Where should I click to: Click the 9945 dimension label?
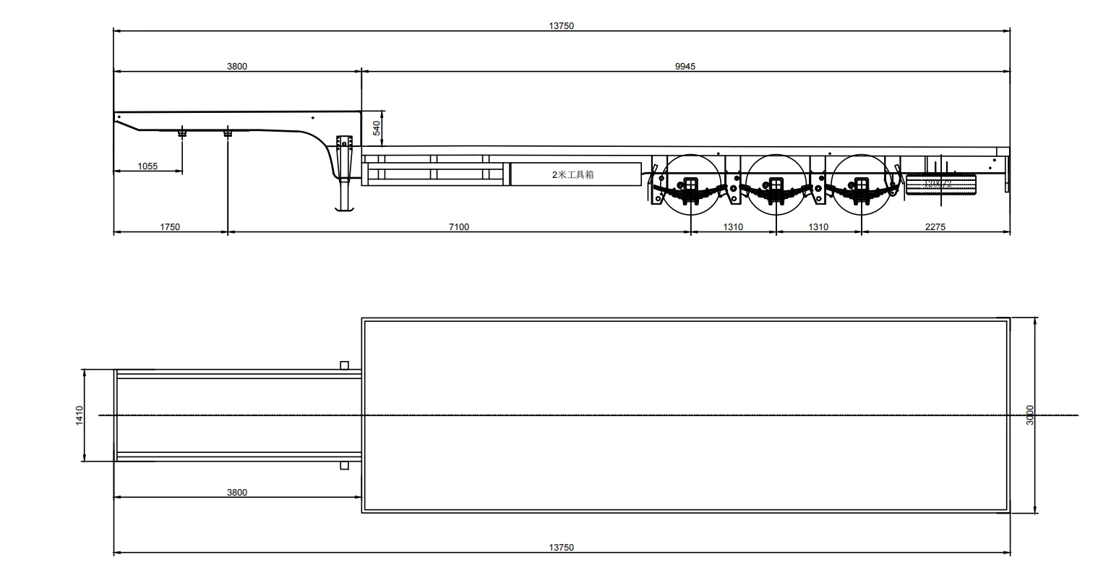click(685, 67)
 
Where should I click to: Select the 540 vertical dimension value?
click(376, 129)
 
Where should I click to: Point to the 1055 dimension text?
click(147, 166)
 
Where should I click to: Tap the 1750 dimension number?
click(170, 227)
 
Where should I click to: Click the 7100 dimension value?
click(459, 227)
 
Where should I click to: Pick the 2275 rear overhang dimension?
click(935, 227)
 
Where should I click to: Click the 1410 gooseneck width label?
click(80, 415)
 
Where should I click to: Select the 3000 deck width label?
click(1030, 415)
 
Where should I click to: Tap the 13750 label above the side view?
click(561, 26)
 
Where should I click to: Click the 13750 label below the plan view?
click(561, 548)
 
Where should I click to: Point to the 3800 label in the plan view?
click(237, 493)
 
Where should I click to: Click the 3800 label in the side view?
click(237, 67)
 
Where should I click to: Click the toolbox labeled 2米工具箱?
click(575, 174)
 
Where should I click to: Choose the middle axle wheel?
click(776, 184)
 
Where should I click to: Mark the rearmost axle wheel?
click(861, 184)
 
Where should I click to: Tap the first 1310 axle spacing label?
click(733, 227)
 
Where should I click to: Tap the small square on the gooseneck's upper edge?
click(344, 365)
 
